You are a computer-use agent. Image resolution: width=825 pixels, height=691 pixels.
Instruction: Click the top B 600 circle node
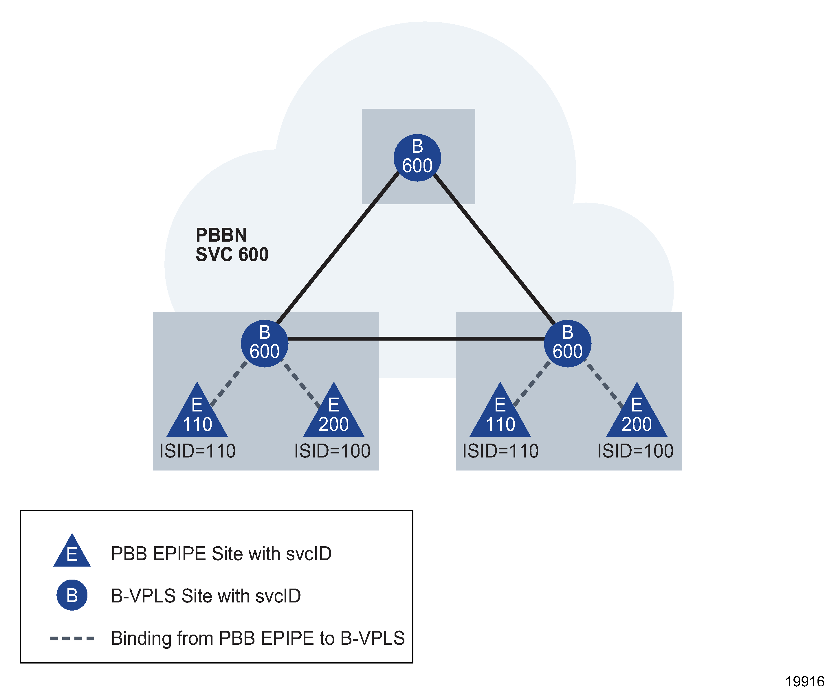(417, 158)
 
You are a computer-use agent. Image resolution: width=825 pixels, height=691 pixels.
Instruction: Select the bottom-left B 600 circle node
(264, 343)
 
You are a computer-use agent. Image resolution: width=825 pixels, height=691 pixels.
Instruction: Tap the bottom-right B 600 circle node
(567, 343)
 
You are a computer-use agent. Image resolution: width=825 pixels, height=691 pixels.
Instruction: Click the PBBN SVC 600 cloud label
(232, 245)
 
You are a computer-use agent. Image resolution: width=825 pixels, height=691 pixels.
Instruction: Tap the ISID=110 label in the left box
(197, 451)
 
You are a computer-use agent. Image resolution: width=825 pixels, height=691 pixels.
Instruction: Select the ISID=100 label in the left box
(332, 451)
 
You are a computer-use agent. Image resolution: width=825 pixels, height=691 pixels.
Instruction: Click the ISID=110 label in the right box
(500, 451)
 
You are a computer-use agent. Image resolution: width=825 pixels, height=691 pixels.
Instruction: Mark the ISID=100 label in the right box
(635, 451)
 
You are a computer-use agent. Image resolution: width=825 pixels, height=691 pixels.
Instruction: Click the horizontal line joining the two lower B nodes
(417, 339)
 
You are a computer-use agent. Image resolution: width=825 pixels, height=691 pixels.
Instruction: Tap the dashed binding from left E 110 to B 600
(229, 384)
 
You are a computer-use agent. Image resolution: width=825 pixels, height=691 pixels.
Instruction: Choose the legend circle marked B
(72, 595)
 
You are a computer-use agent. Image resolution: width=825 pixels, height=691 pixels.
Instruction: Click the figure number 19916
(804, 681)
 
